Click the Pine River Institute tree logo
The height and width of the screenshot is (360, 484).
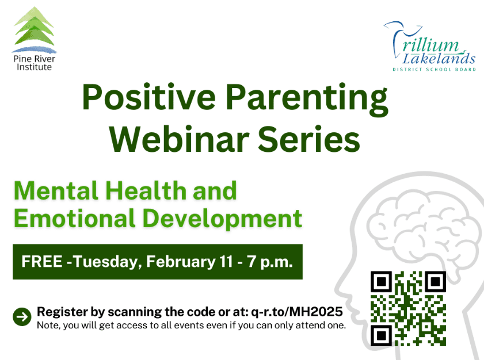(x=35, y=29)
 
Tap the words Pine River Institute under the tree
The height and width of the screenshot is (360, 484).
(x=35, y=63)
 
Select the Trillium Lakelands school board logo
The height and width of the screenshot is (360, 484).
(x=429, y=46)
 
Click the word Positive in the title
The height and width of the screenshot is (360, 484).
(x=148, y=98)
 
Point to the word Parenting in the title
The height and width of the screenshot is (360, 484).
(x=307, y=99)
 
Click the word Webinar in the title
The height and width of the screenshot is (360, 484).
(x=180, y=139)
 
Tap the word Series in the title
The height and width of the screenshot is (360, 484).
(x=308, y=139)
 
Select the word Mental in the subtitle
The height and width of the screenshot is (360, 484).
(x=56, y=191)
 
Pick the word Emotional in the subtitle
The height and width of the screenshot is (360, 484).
(x=74, y=218)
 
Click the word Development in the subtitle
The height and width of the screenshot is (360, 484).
(x=223, y=219)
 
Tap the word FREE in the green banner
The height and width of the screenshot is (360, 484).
(x=42, y=262)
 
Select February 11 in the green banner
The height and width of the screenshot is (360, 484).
(x=189, y=262)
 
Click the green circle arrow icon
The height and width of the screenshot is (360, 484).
(x=22, y=316)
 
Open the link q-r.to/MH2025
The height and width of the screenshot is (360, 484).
(x=296, y=312)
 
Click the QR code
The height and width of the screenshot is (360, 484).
(x=408, y=308)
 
